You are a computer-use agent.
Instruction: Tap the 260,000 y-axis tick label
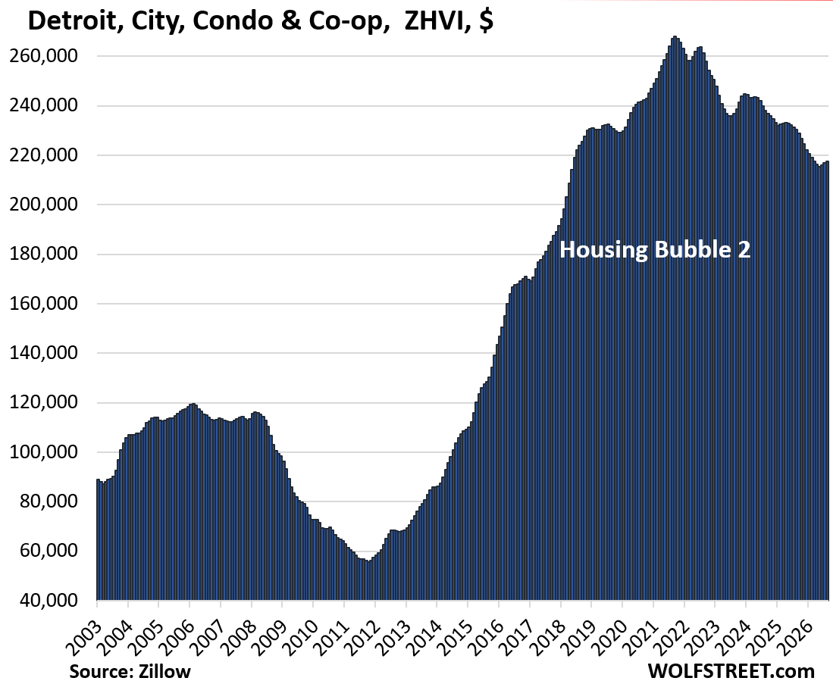pos(44,56)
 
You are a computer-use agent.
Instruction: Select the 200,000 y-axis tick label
pos(44,205)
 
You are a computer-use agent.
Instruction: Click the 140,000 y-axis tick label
pos(44,353)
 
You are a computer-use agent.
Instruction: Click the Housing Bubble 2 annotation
pos(655,249)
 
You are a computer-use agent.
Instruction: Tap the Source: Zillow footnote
pos(130,671)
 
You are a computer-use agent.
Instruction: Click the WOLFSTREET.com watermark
pos(731,671)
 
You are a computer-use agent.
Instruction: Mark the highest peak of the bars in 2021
pos(674,36)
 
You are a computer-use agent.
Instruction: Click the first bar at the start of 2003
pos(99,539)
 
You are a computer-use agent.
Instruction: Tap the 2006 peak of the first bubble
pos(193,405)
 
